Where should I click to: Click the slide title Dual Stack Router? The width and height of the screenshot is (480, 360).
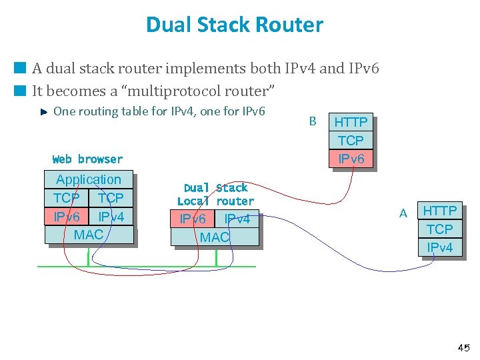pos(235,25)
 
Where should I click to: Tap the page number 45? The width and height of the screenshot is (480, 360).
pos(463,347)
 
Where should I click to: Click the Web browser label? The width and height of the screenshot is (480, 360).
pos(87,159)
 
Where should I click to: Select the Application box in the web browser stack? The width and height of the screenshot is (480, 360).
pos(89,179)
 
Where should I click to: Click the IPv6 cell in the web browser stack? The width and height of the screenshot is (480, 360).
pos(67,217)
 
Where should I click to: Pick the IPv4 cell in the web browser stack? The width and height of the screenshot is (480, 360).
pos(111,217)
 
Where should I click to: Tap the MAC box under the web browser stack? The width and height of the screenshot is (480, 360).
pos(89,235)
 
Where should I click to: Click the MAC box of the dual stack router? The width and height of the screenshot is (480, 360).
pos(215,237)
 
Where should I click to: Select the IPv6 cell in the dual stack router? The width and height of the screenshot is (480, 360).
pos(193,219)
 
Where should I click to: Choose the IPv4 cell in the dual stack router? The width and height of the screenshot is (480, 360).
pos(237,219)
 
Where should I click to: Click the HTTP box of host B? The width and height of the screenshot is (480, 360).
pos(351,122)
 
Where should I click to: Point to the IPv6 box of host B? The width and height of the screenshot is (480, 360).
pos(351,159)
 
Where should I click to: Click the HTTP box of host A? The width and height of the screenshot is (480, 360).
pos(440,211)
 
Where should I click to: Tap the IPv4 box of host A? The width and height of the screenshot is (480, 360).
pos(440,247)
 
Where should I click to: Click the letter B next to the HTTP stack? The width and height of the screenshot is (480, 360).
pos(313,121)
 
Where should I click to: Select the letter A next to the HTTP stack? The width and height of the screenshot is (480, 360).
pos(403,213)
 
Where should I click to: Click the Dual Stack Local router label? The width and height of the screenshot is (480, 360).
pos(215,194)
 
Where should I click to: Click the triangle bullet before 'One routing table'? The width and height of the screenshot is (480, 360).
pos(43,112)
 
